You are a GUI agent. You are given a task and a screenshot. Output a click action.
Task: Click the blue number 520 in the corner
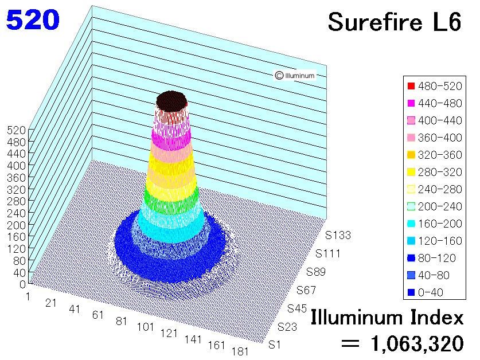(x=33, y=20)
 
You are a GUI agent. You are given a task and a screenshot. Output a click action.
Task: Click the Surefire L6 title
(x=395, y=22)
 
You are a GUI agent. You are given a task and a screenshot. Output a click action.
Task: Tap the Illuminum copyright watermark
(x=295, y=75)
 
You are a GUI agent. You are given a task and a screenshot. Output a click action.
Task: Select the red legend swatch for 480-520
(x=411, y=86)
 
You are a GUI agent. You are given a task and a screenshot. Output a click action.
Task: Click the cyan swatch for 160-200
(x=411, y=224)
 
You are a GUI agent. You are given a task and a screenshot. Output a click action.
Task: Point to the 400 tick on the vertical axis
(x=17, y=166)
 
